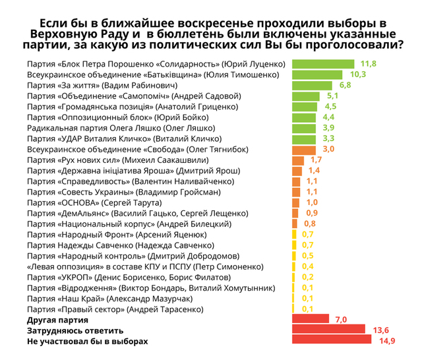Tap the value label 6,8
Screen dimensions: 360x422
tap(345, 85)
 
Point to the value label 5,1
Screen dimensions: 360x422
tap(332, 96)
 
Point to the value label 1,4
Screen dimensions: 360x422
tap(314, 170)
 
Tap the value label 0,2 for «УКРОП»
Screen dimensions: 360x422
tap(307, 276)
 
